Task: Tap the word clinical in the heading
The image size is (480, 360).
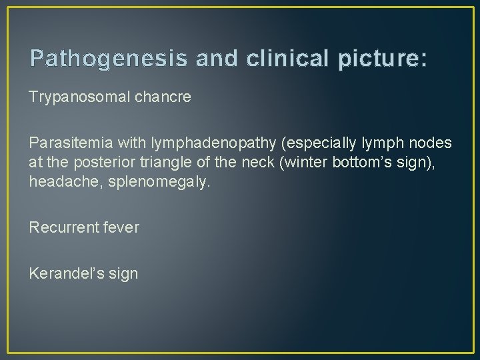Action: tap(291, 58)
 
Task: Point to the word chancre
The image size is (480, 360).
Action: tap(166, 97)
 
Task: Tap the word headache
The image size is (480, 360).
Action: tap(57, 182)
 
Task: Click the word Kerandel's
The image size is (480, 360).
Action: tap(63, 273)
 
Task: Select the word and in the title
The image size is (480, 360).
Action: tap(212, 58)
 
